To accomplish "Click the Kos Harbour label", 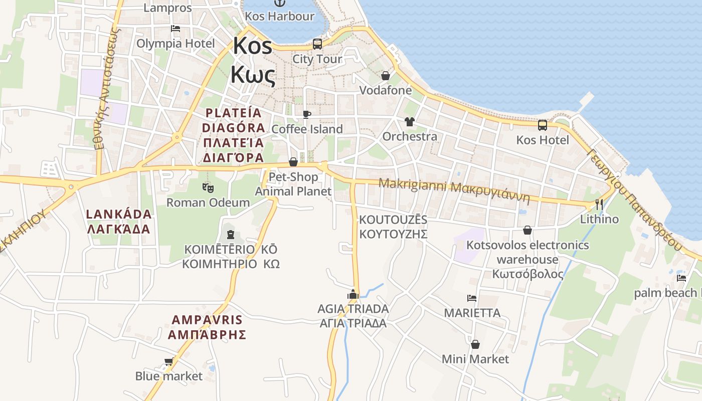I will [279, 16].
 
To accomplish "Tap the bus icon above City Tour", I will [317, 44].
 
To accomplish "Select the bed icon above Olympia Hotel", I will [175, 29].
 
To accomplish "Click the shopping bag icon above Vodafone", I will [386, 76].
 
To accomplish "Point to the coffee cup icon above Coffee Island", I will [307, 115].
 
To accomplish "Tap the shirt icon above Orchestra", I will [409, 122].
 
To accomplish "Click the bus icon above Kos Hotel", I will [543, 125].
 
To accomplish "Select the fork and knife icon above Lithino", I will [599, 205].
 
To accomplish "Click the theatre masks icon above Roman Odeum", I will [208, 188].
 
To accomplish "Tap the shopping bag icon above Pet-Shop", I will [293, 162].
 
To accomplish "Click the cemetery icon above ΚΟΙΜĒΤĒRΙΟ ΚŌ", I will [230, 234].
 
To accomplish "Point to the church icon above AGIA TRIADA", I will [353, 294].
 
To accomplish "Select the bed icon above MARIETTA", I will [472, 298].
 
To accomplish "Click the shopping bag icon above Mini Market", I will [475, 344].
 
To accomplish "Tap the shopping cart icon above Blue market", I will [169, 361].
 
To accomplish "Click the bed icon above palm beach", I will [681, 278].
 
